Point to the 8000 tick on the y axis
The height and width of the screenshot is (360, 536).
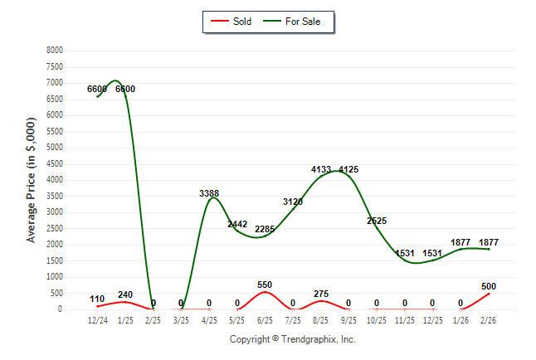54,50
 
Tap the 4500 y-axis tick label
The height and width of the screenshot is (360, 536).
54,163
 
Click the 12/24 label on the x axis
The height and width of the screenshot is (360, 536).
98,319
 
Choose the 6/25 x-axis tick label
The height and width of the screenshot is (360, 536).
266,319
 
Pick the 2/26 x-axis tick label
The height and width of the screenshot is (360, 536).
489,319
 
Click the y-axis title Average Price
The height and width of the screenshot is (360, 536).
32,179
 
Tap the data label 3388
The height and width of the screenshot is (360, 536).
209,193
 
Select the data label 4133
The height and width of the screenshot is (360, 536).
321,169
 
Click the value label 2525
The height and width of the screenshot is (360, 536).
377,221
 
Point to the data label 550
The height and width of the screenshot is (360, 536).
266,285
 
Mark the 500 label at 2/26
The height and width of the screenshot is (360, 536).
489,287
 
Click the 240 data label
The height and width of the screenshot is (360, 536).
126,294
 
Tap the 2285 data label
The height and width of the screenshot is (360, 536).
266,229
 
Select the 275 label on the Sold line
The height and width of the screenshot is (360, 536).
321,294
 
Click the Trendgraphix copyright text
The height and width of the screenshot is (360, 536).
292,339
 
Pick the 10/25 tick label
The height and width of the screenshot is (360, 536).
377,319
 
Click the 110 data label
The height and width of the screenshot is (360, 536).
98,299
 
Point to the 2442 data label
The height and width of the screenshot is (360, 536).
237,224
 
